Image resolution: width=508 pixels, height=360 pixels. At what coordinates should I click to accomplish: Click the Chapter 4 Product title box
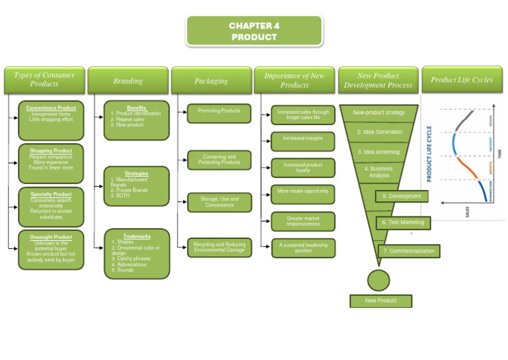tap(254, 31)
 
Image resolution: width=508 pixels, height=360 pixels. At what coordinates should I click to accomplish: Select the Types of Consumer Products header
tap(44, 79)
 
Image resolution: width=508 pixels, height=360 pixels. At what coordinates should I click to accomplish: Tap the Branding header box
tap(128, 81)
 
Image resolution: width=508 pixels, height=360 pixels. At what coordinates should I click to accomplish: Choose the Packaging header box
tap(211, 81)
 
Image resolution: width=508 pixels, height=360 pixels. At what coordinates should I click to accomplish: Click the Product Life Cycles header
tap(462, 80)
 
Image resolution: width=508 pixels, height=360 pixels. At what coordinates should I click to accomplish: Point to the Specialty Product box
tap(51, 205)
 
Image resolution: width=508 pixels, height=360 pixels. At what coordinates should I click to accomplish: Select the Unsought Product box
tap(51, 249)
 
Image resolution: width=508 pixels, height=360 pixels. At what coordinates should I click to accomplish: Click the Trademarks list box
tap(136, 253)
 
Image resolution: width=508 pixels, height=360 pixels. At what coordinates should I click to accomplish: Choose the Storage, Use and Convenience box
tap(219, 202)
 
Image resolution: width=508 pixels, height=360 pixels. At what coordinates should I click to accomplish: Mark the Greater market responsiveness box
tap(302, 221)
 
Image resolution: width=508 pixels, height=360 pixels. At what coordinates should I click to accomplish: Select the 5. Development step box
tap(402, 197)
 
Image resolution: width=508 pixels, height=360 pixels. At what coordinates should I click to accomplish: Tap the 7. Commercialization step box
tap(408, 251)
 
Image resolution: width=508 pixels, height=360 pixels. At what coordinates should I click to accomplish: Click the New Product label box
tap(380, 301)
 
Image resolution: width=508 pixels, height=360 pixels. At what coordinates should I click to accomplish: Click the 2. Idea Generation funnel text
tap(379, 132)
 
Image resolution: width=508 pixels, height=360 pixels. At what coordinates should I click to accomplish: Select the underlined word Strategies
tap(136, 173)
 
